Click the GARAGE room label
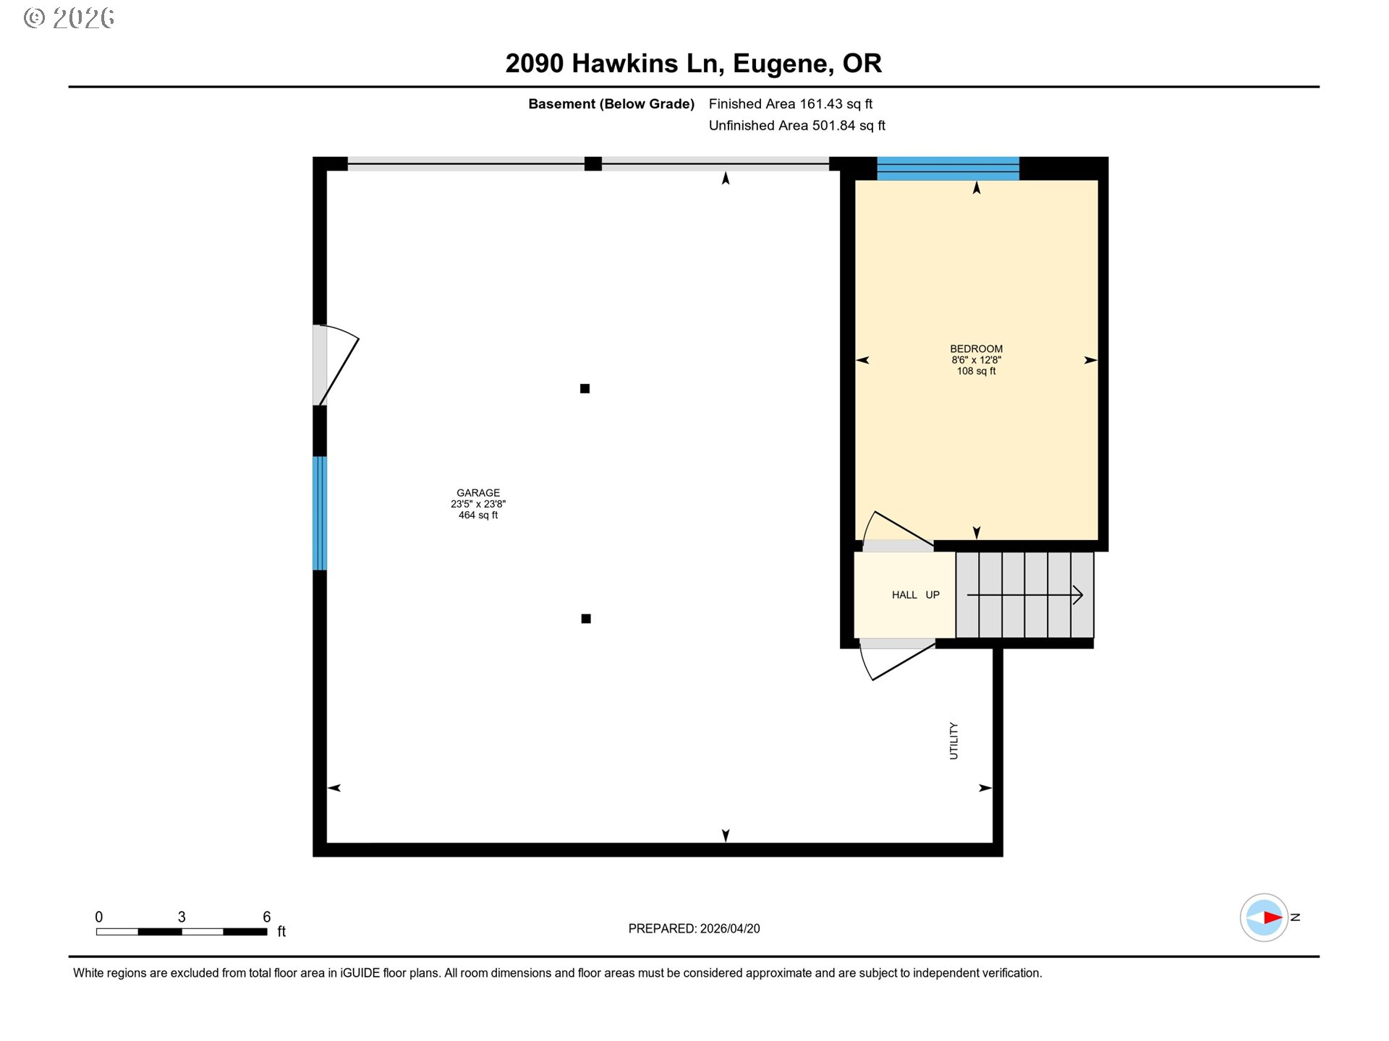477,493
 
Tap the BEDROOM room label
976,348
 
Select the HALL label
904,595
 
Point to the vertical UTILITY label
953,741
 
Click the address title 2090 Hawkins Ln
614,64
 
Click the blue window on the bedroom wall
948,168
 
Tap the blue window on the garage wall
320,513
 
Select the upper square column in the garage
585,389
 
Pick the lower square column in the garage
586,619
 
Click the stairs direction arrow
1025,595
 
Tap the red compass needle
1273,917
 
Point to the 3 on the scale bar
182,917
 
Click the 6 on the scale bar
266,917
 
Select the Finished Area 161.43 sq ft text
791,104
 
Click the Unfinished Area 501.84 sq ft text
797,126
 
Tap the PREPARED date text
694,929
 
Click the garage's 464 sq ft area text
477,515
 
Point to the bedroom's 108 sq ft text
976,371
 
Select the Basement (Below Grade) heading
611,104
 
